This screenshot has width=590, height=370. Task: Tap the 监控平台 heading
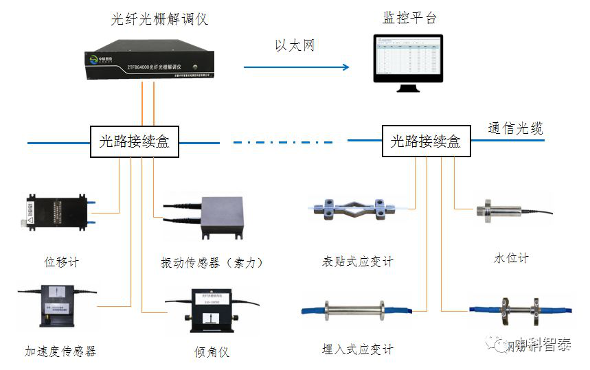[x=409, y=18]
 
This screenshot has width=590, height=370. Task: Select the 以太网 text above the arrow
[x=295, y=46]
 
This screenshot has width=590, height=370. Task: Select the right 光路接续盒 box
[x=426, y=142]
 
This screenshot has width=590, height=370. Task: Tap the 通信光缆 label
[x=515, y=128]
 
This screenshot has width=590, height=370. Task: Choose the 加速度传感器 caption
[x=60, y=351]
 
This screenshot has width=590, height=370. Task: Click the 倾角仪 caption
[x=211, y=352]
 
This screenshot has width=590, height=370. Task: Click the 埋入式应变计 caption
[x=358, y=349]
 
